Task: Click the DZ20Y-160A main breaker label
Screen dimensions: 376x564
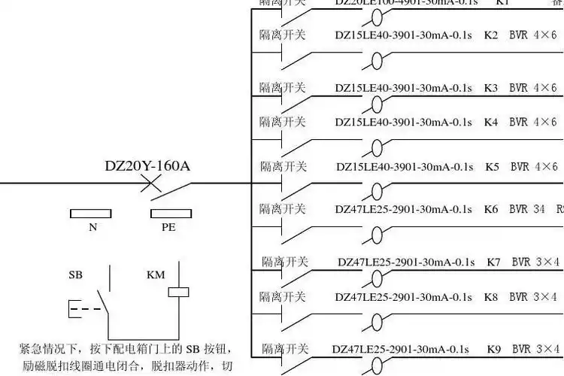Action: coord(147,165)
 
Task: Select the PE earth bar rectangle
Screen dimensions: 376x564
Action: coord(168,214)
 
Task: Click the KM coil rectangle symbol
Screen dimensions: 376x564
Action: coord(177,292)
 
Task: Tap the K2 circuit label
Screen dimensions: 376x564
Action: coord(491,35)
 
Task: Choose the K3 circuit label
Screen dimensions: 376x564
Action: coord(491,88)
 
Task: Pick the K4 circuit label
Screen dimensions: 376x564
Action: coord(491,122)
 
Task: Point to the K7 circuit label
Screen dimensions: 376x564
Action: coord(493,262)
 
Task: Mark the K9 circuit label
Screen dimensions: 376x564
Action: coord(493,349)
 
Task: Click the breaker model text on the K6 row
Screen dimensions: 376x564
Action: coord(404,209)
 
